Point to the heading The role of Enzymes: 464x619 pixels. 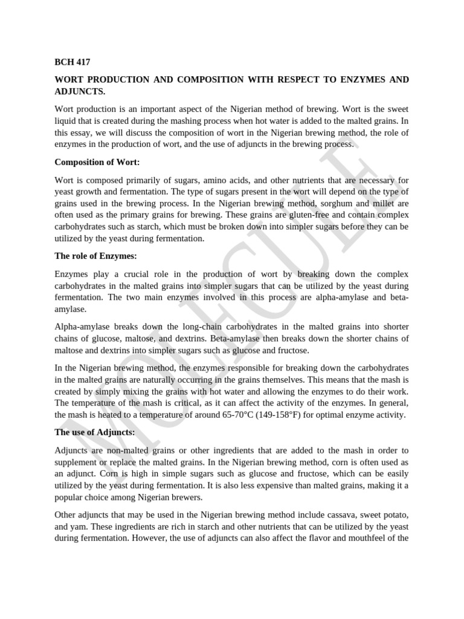95,256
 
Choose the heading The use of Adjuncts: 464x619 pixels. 95,432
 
